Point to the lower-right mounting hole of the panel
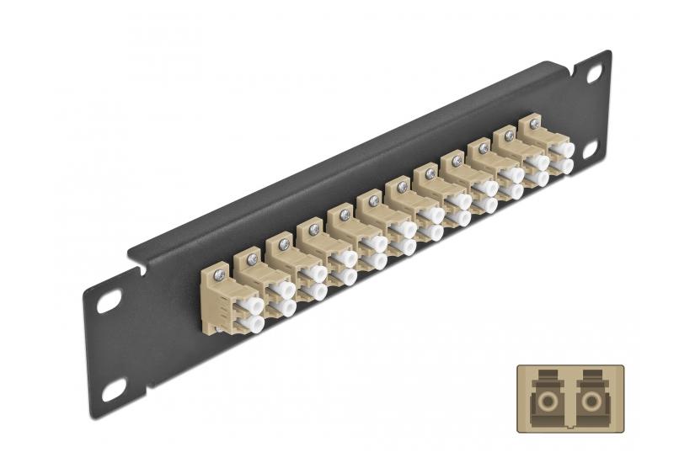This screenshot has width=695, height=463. [x=589, y=149]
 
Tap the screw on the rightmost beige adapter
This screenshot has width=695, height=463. [x=535, y=124]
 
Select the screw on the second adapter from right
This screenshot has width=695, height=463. [x=510, y=136]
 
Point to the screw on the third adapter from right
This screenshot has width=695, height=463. [x=483, y=148]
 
